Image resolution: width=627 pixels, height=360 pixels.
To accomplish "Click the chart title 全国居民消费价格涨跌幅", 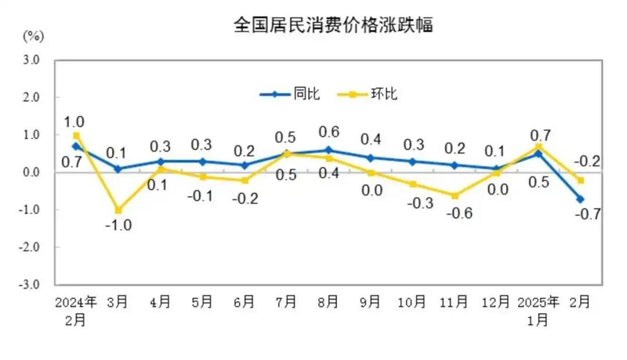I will (333, 25).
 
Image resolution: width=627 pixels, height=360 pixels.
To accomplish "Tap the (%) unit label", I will (33, 36).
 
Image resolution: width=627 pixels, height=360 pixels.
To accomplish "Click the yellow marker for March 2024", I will (118, 210).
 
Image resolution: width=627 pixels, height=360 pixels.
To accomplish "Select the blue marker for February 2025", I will (581, 199).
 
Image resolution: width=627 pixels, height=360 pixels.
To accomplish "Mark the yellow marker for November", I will (455, 195).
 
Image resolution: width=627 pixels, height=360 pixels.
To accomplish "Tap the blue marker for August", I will (328, 150).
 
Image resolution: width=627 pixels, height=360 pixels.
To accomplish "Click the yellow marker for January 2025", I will (538, 146).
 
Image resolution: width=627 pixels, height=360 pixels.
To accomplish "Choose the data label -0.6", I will (455, 213).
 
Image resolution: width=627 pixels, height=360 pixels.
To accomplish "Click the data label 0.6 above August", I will (328, 131).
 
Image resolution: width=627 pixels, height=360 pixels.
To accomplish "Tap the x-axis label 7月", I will (286, 301).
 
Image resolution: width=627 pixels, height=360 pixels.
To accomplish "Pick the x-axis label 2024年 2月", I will (76, 310).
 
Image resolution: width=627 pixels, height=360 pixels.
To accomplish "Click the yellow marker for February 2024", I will (77, 136).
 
